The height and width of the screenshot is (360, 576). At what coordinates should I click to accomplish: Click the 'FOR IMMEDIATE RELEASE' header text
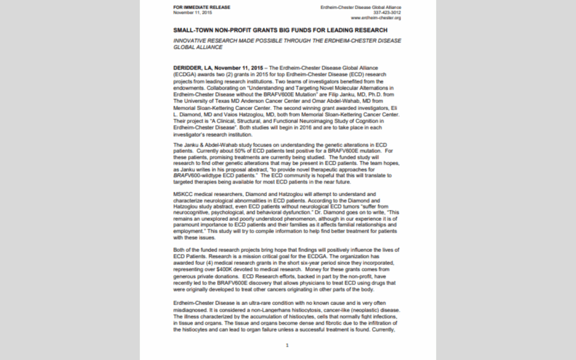click(x=195, y=7)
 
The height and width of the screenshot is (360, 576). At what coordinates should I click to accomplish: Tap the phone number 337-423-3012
click(x=388, y=12)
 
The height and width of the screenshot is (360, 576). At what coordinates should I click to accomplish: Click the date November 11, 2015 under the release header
click(x=189, y=12)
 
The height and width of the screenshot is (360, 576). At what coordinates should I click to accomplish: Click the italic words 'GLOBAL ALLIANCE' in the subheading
click(x=198, y=47)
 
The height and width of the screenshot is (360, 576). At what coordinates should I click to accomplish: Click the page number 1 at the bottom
click(x=287, y=345)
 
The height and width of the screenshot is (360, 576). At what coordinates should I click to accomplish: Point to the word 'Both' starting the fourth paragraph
click(x=180, y=250)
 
